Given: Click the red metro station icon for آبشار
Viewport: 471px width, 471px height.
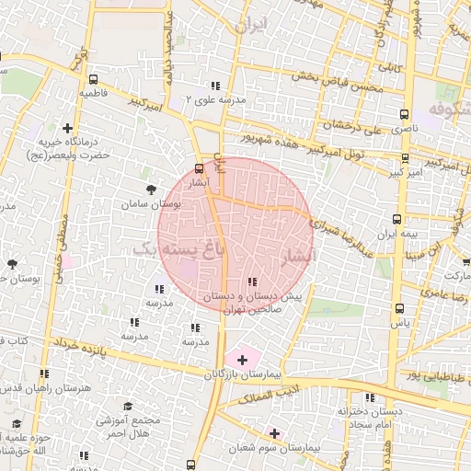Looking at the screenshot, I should [199, 168].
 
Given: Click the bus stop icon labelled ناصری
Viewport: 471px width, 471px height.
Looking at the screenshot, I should [404, 115].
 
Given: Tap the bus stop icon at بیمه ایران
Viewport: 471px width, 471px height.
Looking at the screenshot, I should [396, 220].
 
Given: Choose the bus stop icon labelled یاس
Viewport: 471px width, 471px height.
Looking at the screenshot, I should [398, 308].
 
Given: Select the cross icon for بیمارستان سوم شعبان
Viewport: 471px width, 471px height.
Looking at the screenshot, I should [274, 432].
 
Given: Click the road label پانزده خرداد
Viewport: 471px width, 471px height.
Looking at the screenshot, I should [102, 347].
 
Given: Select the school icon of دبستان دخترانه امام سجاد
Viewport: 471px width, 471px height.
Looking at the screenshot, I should [369, 398].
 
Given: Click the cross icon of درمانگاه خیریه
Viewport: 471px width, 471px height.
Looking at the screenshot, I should [67, 129].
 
